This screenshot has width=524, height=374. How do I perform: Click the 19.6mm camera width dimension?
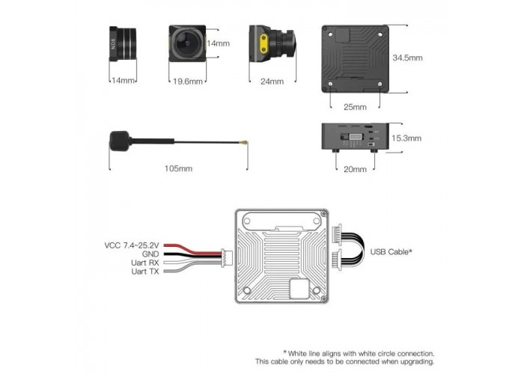pos(187,81)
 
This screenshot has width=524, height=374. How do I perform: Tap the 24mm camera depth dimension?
pos(272,81)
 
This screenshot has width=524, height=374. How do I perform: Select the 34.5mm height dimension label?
pos(407,58)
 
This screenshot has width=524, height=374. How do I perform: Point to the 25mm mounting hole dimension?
pos(355,107)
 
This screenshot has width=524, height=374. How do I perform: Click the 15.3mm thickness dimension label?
pos(406,138)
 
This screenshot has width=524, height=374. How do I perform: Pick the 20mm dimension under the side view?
pos(355,169)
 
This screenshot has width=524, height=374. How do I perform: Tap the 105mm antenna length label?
pos(178,168)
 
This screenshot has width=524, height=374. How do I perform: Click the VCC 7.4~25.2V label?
pos(132,245)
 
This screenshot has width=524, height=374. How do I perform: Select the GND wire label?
pos(150,254)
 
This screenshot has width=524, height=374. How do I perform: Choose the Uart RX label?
pos(145,263)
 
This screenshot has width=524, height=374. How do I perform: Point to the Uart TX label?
pos(145,272)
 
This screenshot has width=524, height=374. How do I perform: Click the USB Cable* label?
pos(391,252)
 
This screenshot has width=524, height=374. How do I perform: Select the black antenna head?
pos(119,141)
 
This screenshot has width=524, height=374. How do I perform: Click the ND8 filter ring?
pos(122,43)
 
